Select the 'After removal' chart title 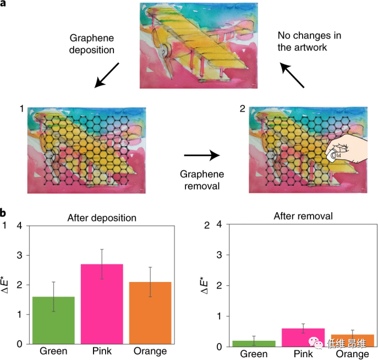pos(303,216)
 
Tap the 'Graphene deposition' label pos(92,44)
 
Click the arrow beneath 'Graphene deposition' pos(107,74)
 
